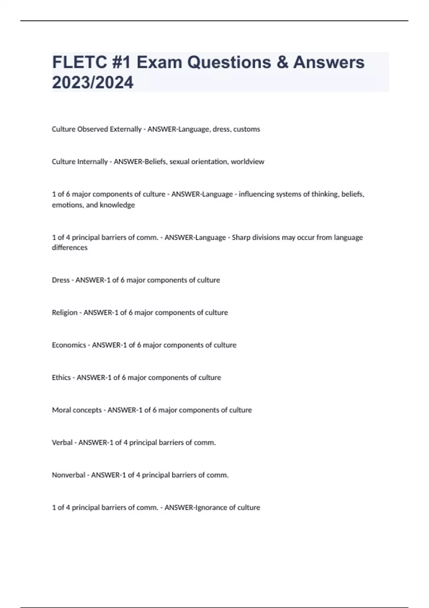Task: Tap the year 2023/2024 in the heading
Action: click(x=93, y=83)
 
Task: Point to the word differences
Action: click(x=70, y=247)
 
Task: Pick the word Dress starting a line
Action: click(x=61, y=280)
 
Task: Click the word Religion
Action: click(x=65, y=313)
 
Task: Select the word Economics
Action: click(x=69, y=345)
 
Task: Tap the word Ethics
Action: click(x=61, y=378)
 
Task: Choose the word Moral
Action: click(x=61, y=410)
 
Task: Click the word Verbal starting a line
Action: click(x=62, y=442)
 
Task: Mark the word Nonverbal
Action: click(x=69, y=475)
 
